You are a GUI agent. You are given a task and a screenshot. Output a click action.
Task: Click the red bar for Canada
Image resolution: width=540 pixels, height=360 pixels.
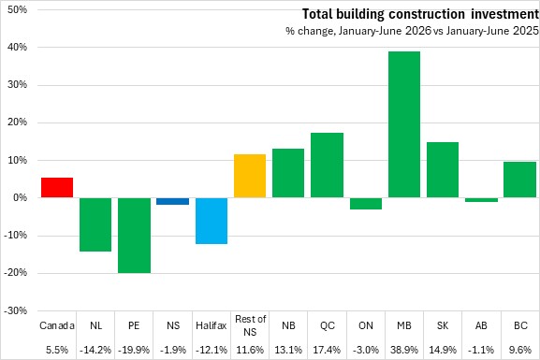(57, 188)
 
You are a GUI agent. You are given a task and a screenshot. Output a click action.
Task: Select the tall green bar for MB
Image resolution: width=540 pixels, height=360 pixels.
(404, 124)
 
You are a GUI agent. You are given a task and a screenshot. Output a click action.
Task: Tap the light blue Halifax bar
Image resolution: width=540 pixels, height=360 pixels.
(212, 221)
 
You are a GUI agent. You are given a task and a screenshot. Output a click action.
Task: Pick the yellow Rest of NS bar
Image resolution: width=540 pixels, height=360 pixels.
(250, 176)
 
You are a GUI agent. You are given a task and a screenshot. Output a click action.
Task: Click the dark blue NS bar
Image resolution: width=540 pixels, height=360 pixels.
(173, 201)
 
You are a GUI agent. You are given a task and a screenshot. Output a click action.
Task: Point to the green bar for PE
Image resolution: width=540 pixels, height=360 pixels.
(135, 236)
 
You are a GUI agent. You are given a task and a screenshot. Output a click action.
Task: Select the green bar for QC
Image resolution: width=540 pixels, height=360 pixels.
(328, 166)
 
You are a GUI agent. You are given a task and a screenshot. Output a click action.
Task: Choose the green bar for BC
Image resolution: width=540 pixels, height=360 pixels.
(520, 180)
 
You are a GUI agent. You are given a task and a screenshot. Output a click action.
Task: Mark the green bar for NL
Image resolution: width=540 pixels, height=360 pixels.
(95, 224)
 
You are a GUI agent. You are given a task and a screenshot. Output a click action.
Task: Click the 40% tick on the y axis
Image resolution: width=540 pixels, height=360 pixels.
(17, 47)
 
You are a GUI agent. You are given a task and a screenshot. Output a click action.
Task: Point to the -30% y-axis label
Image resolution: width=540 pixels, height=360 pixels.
(16, 310)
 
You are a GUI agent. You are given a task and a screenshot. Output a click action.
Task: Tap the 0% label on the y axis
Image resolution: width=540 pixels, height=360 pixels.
(20, 198)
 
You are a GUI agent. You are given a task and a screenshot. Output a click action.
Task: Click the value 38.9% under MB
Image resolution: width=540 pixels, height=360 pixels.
(404, 350)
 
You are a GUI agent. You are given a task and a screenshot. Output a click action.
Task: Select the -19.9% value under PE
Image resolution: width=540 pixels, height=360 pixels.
(134, 350)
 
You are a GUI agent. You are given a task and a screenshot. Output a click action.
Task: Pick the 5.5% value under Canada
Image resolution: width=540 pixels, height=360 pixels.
(57, 350)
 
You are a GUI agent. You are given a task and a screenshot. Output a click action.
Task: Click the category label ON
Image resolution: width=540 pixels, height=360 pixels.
(366, 325)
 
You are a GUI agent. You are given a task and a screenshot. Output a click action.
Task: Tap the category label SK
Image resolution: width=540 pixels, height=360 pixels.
(443, 325)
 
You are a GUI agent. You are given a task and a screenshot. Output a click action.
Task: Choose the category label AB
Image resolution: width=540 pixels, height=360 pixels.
(481, 325)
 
